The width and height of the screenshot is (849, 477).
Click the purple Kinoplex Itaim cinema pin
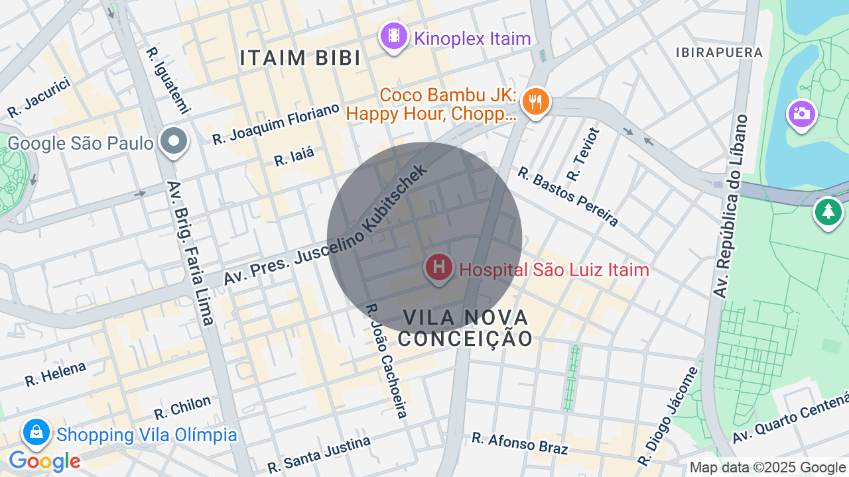(x=394, y=36)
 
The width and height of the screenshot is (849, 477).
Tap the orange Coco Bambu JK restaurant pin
(x=535, y=102)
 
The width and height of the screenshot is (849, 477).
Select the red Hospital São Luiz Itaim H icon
(x=438, y=268)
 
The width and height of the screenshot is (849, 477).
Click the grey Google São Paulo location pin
(x=174, y=141)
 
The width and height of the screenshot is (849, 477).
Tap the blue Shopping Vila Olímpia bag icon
(x=36, y=433)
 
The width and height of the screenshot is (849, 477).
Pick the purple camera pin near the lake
(x=801, y=113)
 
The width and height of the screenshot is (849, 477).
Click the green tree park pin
(x=828, y=212)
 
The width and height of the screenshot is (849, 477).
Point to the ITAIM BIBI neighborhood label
(x=300, y=58)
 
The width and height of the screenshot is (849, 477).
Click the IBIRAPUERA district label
(x=719, y=52)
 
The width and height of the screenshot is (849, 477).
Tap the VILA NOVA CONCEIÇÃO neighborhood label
(x=465, y=328)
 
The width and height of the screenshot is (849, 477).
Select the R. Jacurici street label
(x=39, y=99)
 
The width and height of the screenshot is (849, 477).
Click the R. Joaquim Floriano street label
(x=276, y=124)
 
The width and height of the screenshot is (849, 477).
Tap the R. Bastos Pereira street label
(x=568, y=196)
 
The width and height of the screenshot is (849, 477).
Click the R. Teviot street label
(x=583, y=154)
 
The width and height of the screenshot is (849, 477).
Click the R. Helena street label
(x=56, y=374)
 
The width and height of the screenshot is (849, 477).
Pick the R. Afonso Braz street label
(x=520, y=443)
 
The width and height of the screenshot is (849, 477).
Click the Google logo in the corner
(x=44, y=461)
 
